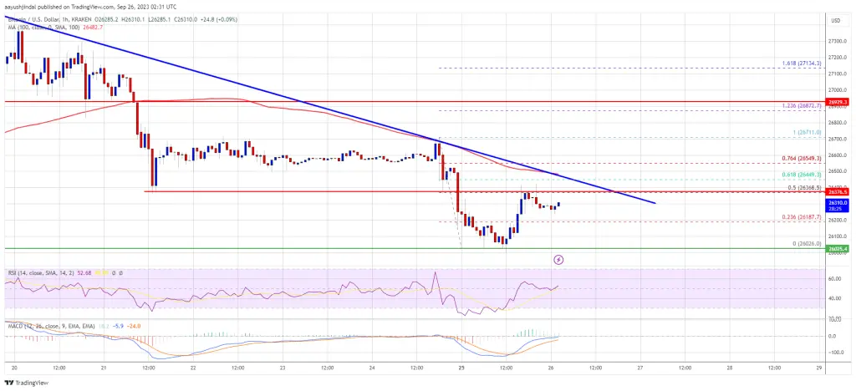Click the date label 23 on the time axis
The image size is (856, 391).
click(x=283, y=367)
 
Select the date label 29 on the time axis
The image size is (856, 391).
click(x=819, y=367)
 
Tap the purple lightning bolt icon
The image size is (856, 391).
click(x=558, y=260)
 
